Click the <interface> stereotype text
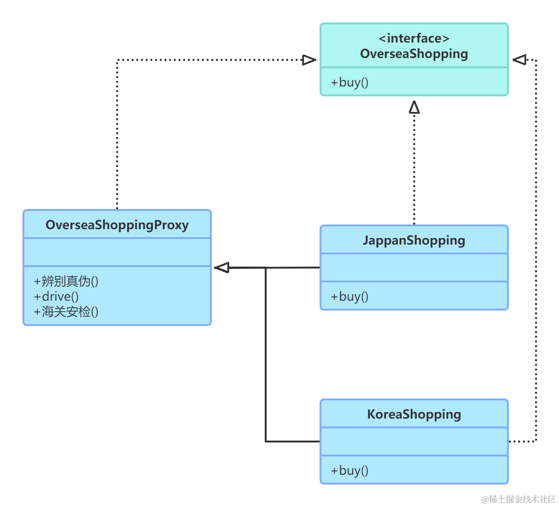pos(414,38)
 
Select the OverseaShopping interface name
pos(414,54)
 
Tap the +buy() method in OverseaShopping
pos(350,82)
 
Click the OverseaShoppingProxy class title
pos(117,225)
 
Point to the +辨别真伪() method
pos(66,282)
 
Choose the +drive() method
pos(56,297)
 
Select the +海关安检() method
pos(66,312)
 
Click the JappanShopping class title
pos(414,240)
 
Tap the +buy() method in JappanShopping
pos(350,297)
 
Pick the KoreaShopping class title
pos(414,414)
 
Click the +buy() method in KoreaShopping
pos(350,471)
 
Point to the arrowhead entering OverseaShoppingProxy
pos(222,268)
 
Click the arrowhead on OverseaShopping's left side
pos(309,60)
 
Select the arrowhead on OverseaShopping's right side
pos(519,60)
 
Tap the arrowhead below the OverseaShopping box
pos(414,107)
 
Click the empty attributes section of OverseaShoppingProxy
pos(117,252)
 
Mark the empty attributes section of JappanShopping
pos(414,268)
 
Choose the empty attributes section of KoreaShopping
pos(414,442)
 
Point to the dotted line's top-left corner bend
pos(117,60)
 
